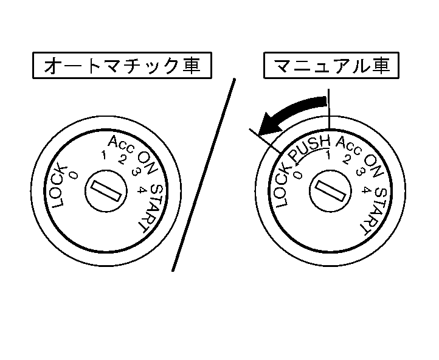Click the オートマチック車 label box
(x=122, y=66)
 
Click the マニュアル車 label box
(x=333, y=66)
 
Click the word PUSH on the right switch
(x=309, y=148)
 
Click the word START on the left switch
(x=151, y=207)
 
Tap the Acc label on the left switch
(x=120, y=143)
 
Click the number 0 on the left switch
(x=74, y=175)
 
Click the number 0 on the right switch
(x=297, y=175)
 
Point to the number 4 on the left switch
(x=140, y=189)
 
